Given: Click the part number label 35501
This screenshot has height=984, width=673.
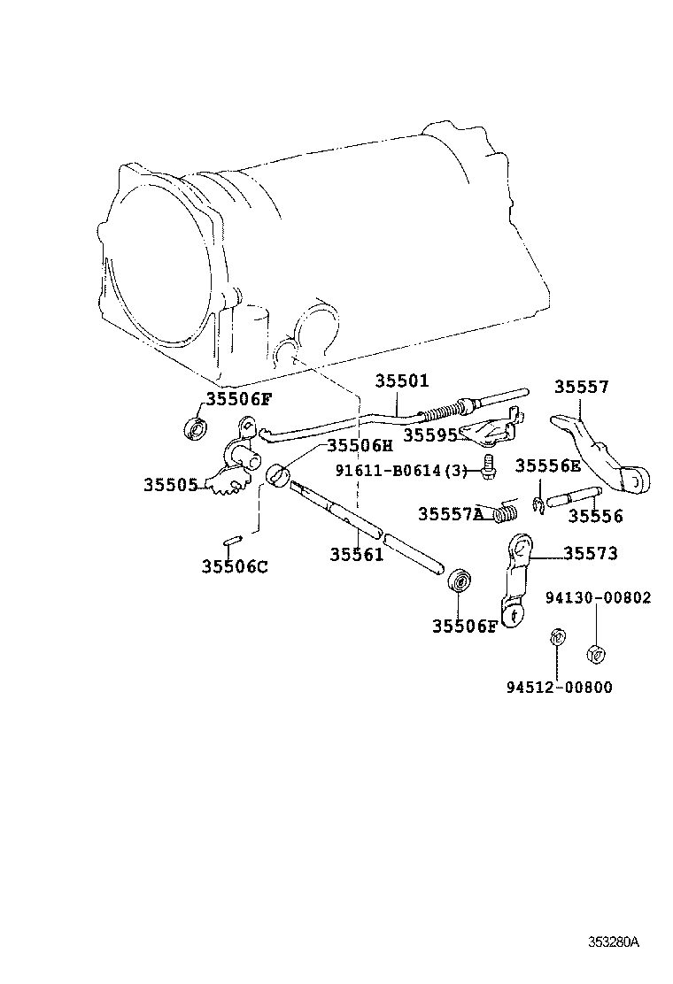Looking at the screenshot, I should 401,381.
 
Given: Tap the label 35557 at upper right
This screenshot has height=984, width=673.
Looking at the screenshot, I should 582,387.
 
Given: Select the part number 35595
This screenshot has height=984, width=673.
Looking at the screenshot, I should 429,435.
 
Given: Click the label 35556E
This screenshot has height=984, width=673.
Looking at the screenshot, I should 548,466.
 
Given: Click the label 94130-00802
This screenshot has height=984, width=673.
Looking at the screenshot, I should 598,597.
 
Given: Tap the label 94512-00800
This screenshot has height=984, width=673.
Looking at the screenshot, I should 560,687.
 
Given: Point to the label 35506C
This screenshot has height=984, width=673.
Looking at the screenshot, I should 234,566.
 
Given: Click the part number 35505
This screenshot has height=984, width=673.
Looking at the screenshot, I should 170,484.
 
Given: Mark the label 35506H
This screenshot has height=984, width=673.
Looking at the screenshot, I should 359,445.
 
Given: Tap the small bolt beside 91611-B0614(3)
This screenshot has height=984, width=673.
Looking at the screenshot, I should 486,466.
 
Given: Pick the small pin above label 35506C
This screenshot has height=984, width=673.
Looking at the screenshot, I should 231,540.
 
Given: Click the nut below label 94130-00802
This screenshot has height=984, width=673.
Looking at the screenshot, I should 596,655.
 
